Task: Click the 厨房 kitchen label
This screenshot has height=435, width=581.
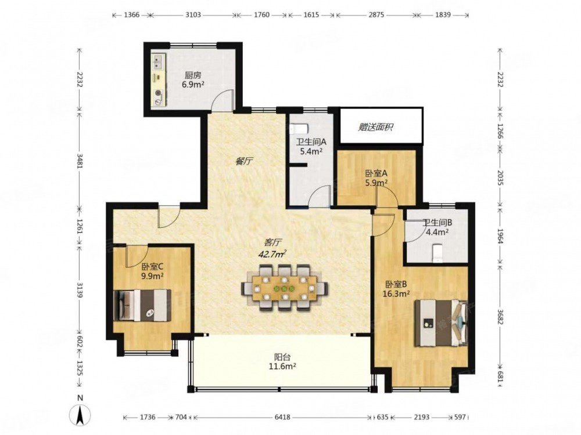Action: (193, 75)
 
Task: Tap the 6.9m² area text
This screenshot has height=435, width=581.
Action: (193, 84)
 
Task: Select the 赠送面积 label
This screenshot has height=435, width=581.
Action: (375, 127)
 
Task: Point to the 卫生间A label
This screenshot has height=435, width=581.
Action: (311, 142)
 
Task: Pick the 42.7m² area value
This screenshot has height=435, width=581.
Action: (272, 254)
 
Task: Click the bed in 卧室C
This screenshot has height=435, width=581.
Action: (143, 306)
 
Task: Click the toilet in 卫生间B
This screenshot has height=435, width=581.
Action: (437, 252)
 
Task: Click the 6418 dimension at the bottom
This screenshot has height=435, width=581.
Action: (282, 417)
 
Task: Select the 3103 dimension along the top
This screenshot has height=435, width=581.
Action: (193, 15)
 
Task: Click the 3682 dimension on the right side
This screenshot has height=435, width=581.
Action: (500, 317)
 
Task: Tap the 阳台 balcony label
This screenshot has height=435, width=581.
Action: (282, 357)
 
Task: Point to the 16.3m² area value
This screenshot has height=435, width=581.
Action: (396, 293)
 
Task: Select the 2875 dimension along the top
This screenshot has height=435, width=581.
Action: (376, 15)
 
